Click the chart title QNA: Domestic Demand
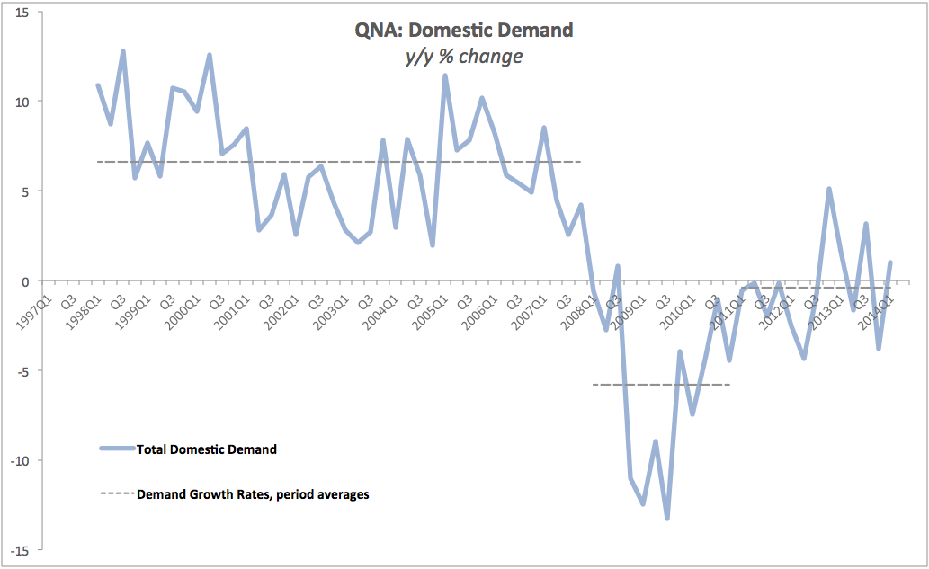pyautogui.click(x=464, y=30)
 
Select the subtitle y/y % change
pyautogui.click(x=464, y=56)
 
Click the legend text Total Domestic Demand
pyautogui.click(x=206, y=449)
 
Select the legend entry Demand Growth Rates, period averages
pyautogui.click(x=253, y=493)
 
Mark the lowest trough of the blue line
pyautogui.click(x=667, y=519)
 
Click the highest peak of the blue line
pyautogui.click(x=122, y=51)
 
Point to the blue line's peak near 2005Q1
pyautogui.click(x=445, y=76)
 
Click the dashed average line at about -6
pyautogui.click(x=661, y=385)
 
